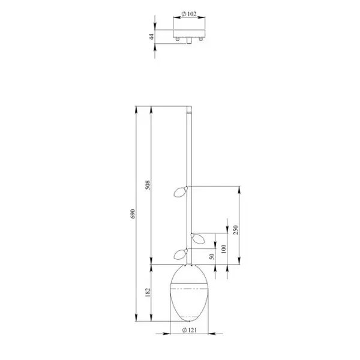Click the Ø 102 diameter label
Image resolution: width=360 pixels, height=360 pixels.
(189, 14)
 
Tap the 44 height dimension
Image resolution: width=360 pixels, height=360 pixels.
(152, 37)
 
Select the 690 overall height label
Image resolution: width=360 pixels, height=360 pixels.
(133, 214)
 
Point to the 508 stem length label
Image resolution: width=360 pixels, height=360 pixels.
(148, 185)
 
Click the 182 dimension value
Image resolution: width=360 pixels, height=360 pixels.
(148, 293)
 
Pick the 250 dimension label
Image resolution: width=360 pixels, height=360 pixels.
(236, 230)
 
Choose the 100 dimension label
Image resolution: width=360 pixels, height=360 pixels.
(224, 249)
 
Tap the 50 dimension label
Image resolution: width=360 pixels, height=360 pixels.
(212, 256)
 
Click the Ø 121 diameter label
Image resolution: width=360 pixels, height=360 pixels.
(190, 330)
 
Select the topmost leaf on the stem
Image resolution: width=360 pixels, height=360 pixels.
(181, 192)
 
